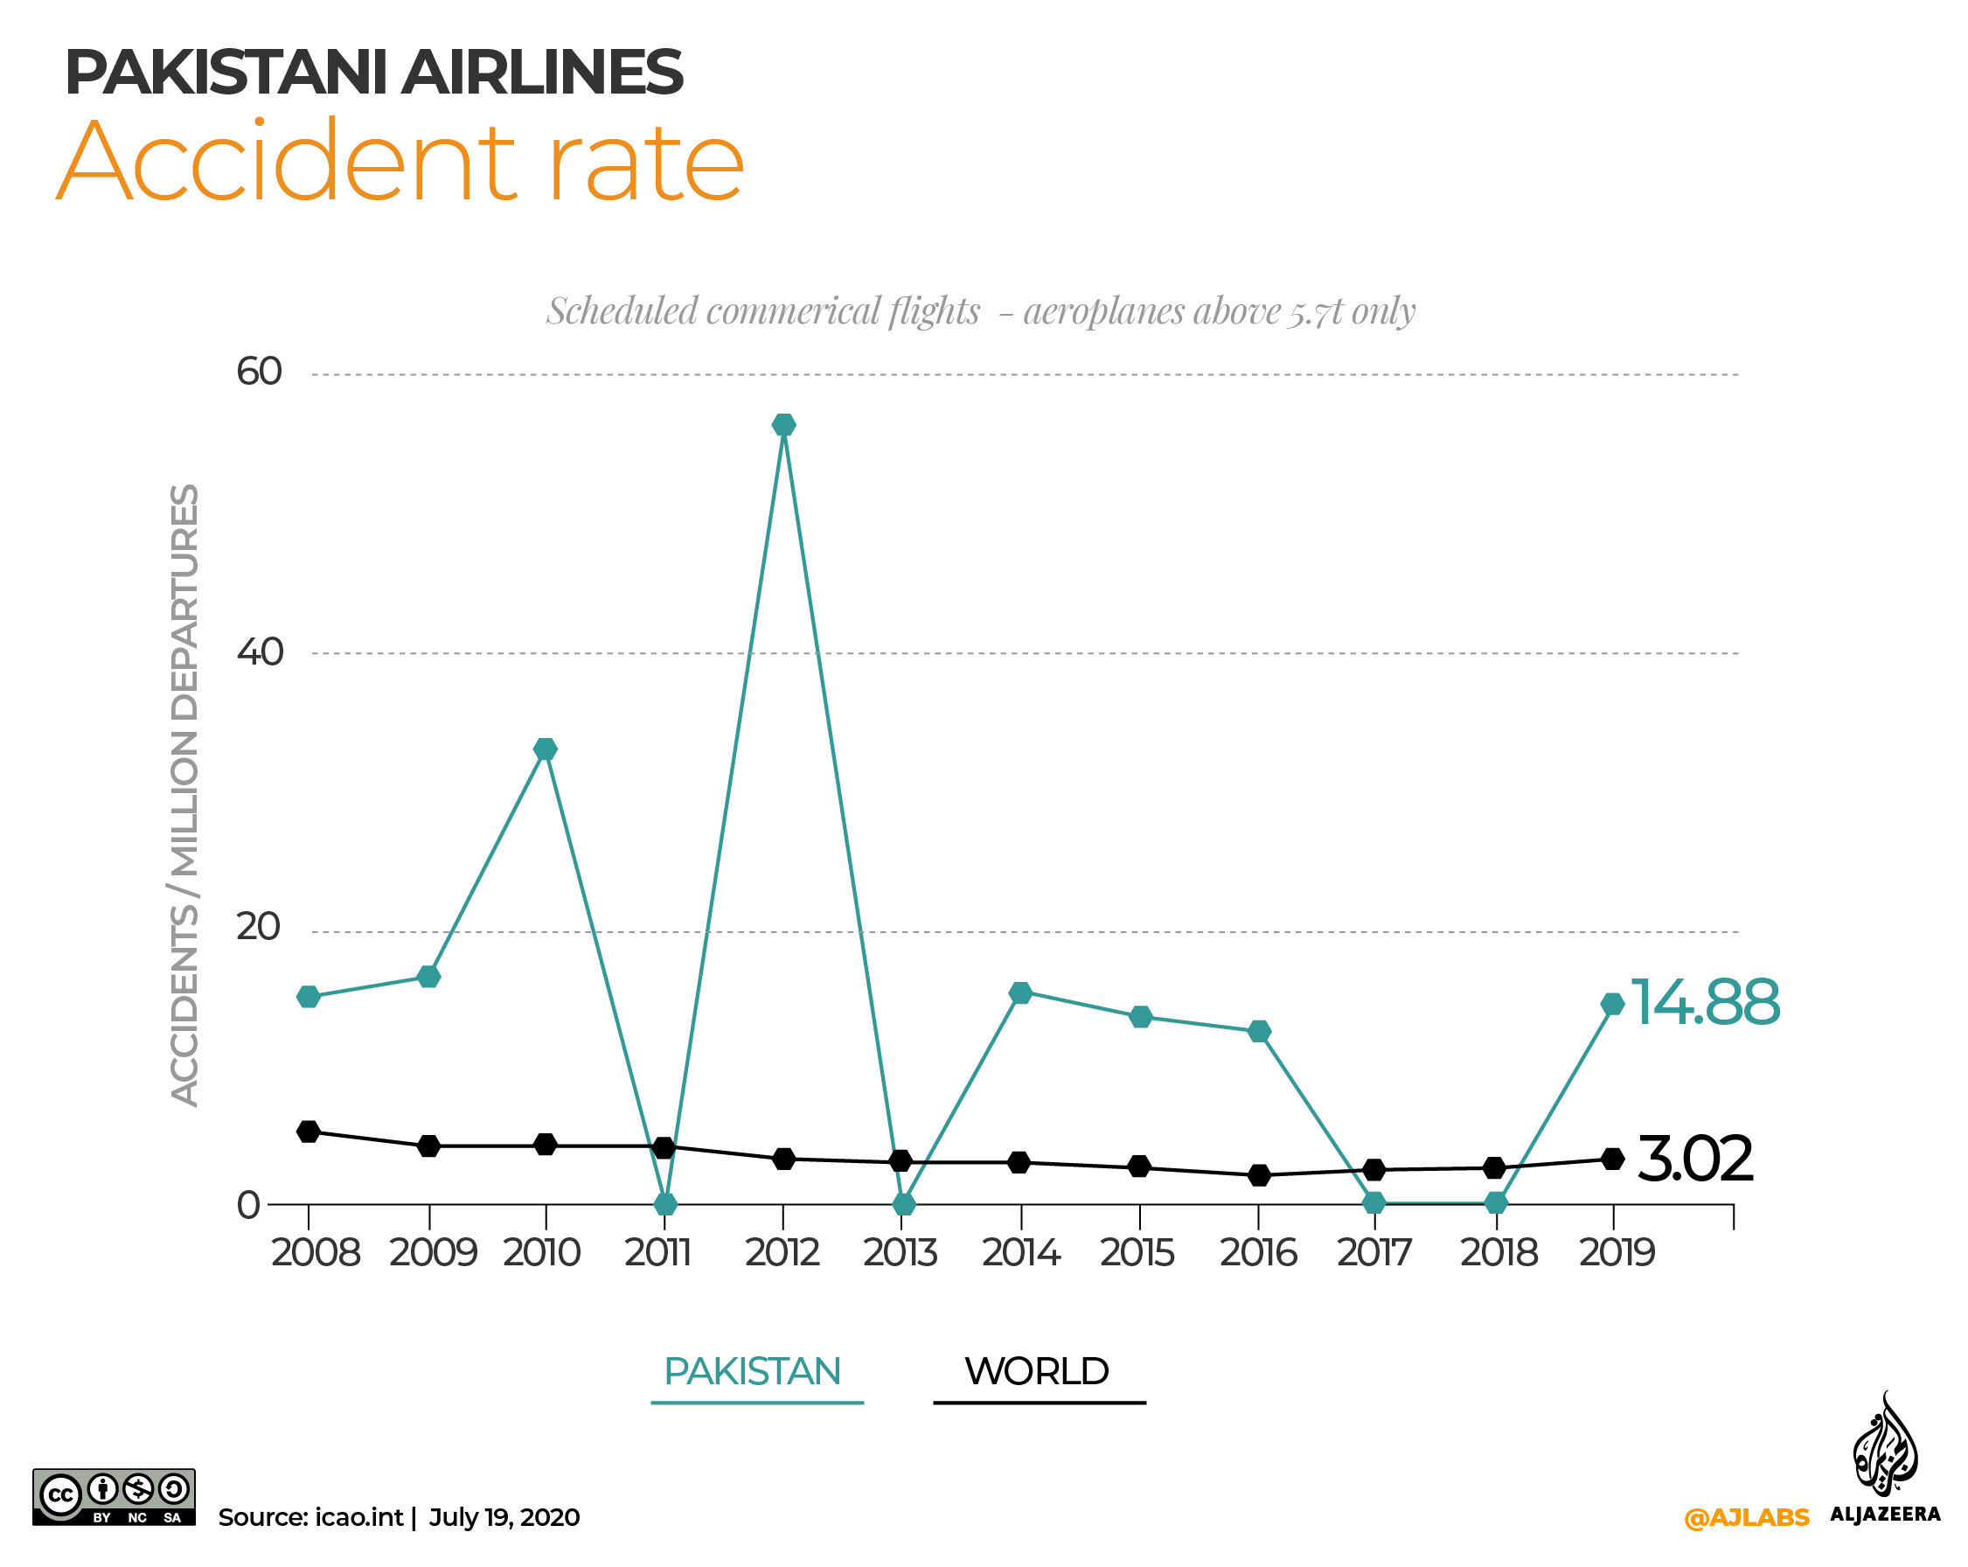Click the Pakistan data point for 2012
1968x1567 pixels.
click(783, 425)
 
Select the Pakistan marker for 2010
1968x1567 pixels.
click(545, 749)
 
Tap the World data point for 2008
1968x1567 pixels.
click(309, 1132)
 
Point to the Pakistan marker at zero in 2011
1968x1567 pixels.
click(665, 1203)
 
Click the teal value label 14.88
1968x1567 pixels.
click(1704, 1002)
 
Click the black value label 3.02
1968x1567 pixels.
click(1694, 1159)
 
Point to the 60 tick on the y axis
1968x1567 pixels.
click(260, 372)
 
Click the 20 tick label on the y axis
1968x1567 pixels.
click(258, 927)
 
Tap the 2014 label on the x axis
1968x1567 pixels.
click(1020, 1252)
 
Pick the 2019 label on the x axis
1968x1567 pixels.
click(1617, 1252)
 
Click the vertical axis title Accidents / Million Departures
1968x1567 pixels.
click(185, 795)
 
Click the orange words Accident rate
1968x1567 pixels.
click(401, 163)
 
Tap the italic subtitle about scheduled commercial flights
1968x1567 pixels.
click(980, 311)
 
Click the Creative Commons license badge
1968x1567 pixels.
click(115, 1497)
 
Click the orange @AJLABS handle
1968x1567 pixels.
click(1745, 1518)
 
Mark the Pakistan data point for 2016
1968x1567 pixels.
click(1259, 1031)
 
